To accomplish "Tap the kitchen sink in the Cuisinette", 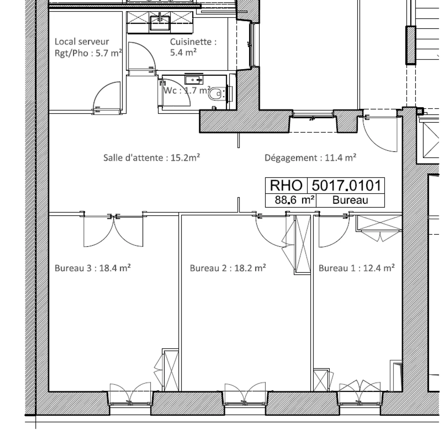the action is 160,23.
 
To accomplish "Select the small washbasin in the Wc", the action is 194,80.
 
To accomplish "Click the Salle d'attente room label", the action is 151,158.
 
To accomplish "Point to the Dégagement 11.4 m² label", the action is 310,158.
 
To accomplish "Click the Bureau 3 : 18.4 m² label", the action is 93,268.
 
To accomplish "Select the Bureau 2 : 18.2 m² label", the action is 228,268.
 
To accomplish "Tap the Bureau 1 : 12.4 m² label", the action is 356,268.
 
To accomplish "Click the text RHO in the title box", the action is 286,185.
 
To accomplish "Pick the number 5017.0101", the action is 346,185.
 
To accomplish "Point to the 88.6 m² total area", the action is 295,200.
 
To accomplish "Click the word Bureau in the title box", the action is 350,200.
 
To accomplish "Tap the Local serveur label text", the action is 82,42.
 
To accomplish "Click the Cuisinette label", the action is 193,42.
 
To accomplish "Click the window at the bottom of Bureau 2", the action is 245,396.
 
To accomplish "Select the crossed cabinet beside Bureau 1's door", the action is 380,223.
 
